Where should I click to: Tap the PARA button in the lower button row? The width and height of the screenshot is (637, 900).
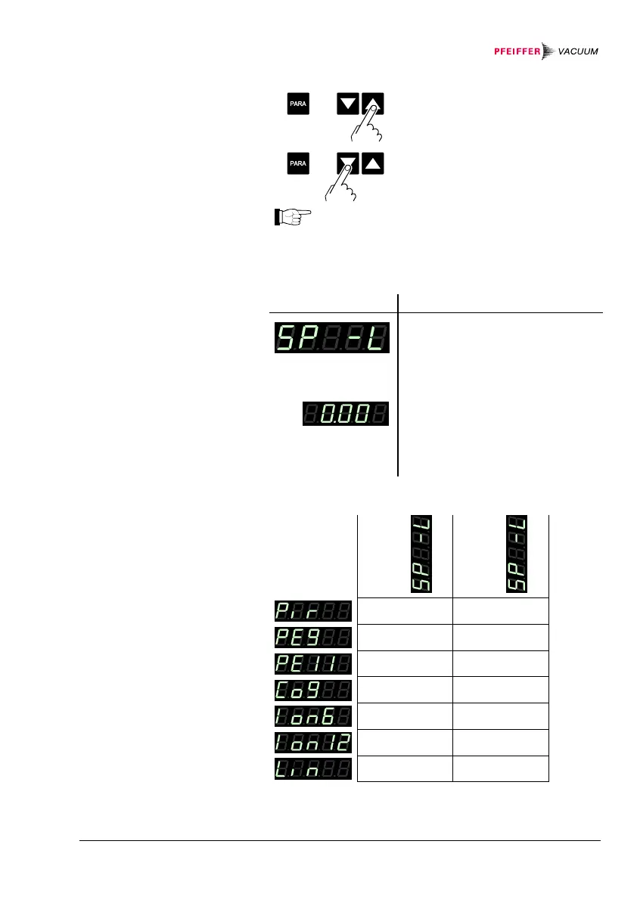click(x=298, y=163)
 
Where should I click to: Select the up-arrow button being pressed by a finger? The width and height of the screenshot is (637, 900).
click(x=373, y=104)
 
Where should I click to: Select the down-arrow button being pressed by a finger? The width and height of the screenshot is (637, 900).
click(x=348, y=163)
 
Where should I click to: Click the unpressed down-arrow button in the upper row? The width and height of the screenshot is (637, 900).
click(x=348, y=104)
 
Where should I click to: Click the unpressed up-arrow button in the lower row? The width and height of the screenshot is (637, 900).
click(x=374, y=163)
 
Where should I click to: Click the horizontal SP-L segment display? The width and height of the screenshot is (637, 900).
click(x=332, y=337)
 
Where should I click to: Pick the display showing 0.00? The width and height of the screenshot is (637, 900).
click(x=346, y=414)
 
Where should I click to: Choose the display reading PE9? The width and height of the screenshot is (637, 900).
click(x=312, y=637)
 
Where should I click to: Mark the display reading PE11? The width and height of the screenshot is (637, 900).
click(x=312, y=663)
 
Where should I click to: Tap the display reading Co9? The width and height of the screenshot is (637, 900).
click(x=312, y=690)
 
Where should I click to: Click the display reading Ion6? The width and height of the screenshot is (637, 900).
click(x=312, y=715)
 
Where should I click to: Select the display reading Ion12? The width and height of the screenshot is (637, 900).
click(x=312, y=742)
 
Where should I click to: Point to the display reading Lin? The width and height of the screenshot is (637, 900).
click(x=312, y=768)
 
